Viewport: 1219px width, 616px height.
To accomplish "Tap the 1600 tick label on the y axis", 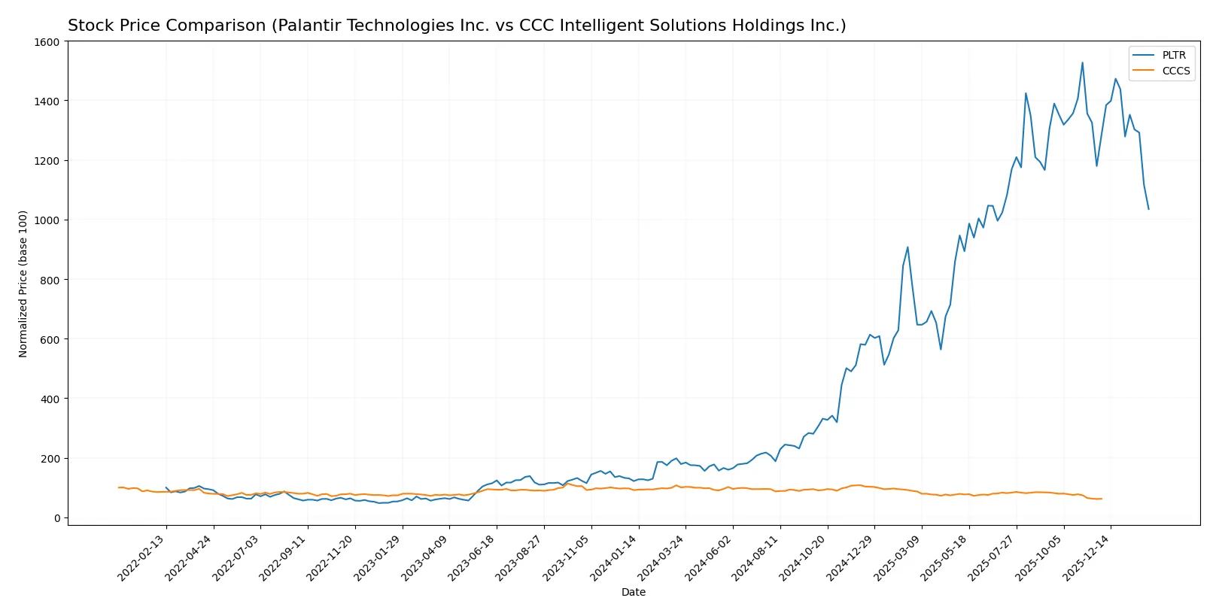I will [47, 42].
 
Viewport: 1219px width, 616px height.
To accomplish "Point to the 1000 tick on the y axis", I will [47, 220].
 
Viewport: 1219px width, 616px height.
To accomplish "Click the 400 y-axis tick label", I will [50, 399].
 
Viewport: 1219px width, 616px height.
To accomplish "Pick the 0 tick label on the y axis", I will [56, 518].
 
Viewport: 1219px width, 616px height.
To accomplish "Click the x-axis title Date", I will [634, 592].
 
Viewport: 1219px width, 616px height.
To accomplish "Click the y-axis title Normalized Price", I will [23, 284].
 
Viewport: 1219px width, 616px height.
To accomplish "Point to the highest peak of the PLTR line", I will [1082, 62].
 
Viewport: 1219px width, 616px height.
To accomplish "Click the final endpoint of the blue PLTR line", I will [1148, 209].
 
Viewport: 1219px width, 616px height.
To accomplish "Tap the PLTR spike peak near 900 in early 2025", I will [907, 247].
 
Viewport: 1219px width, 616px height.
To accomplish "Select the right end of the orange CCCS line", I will [1102, 499].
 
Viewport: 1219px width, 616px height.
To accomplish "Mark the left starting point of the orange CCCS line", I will [119, 487].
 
